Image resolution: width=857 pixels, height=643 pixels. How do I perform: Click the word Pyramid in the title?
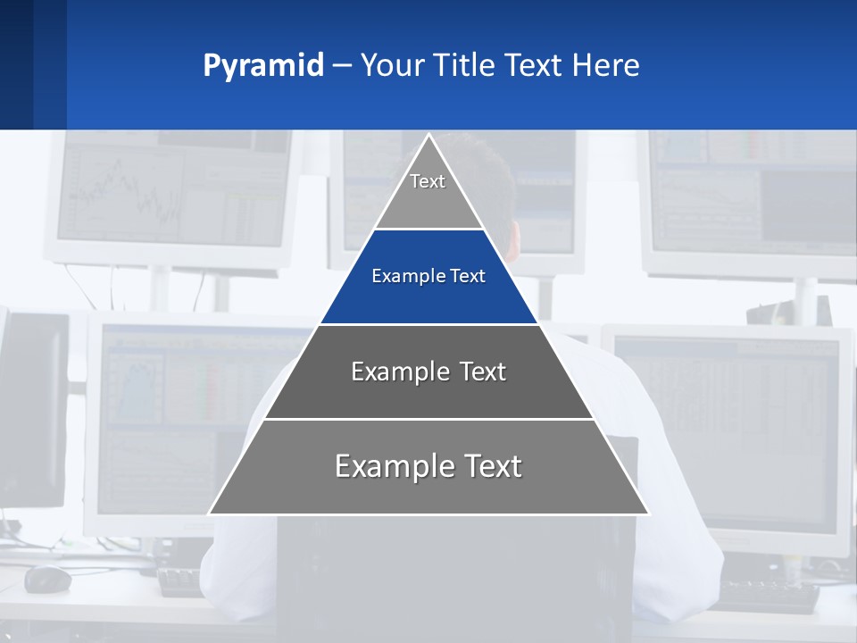pyautogui.click(x=263, y=66)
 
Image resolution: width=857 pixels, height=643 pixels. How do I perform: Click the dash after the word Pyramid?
pyautogui.click(x=341, y=66)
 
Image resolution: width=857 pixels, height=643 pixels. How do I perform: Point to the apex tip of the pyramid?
pyautogui.click(x=428, y=137)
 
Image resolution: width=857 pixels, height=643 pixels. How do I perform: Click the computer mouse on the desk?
pyautogui.click(x=47, y=579)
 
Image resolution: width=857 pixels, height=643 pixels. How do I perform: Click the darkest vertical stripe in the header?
pyautogui.click(x=16, y=64)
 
